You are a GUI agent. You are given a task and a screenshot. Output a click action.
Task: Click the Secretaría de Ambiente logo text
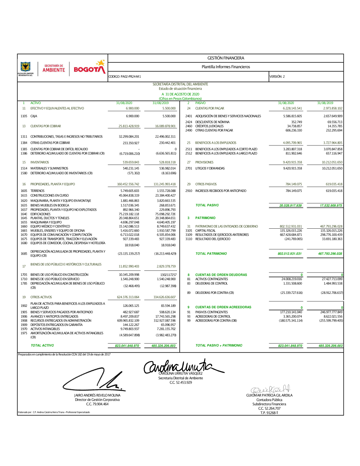pos(54,68)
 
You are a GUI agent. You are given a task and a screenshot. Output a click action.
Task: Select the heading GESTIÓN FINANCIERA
pos(226,58)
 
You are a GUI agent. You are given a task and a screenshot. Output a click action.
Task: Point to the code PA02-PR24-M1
pos(125,77)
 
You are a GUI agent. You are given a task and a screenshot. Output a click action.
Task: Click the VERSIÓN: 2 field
pos(277,77)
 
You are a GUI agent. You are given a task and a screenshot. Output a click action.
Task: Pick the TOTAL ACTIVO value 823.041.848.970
pos(127,346)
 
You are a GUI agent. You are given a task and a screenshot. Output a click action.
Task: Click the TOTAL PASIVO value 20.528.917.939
pos(291,206)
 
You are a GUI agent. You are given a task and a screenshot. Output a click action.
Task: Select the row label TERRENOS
pos(37,191)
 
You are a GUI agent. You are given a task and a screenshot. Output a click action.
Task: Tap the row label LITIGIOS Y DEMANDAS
pos(210,169)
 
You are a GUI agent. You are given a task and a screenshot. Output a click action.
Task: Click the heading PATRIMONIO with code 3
pos(205,218)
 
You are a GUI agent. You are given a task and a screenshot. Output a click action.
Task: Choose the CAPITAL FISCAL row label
pos(205,230)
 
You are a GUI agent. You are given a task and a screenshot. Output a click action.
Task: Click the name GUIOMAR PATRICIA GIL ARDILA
pos(269,395)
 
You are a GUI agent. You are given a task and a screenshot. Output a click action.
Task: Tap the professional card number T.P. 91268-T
pos(269,413)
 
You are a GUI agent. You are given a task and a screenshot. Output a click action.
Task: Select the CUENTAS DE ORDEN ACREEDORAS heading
pos(223,307)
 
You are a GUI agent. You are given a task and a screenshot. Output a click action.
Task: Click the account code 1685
pos(24,254)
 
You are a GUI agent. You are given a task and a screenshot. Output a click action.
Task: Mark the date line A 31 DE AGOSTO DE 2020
pos(180,94)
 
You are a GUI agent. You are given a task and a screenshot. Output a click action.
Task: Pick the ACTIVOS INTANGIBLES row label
pos(45,329)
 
